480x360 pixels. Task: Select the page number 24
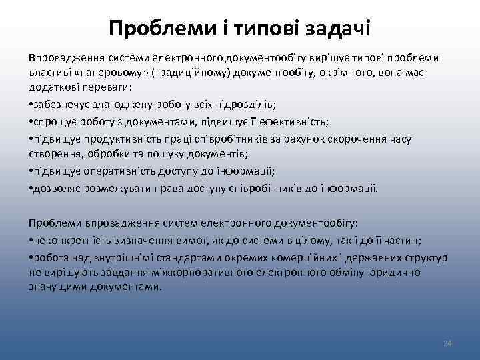pos(447,343)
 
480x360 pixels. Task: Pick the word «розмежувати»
pos(109,188)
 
